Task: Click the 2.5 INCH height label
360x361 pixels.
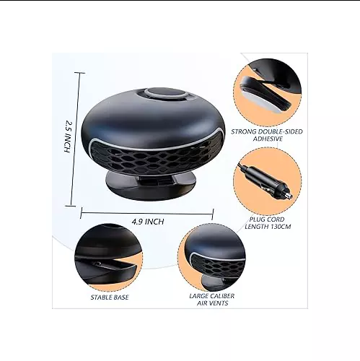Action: click(x=68, y=136)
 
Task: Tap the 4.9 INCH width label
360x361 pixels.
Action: click(x=148, y=222)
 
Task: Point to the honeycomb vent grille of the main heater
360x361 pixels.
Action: click(x=154, y=157)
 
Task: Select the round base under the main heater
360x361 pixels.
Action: click(x=151, y=186)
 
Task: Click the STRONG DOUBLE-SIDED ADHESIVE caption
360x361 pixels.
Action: click(x=267, y=135)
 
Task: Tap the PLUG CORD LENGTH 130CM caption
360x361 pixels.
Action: click(x=268, y=223)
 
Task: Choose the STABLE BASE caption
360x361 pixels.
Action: click(x=110, y=297)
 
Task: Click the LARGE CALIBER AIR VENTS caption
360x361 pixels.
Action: click(x=212, y=300)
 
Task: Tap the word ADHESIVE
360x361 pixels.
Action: click(x=268, y=139)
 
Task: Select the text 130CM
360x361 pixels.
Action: click(x=281, y=227)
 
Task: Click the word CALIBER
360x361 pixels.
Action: click(x=221, y=296)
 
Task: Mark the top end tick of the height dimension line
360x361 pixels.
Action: click(x=79, y=72)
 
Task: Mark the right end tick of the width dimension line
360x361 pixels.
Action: click(x=213, y=214)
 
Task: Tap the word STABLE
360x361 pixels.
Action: click(x=100, y=297)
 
